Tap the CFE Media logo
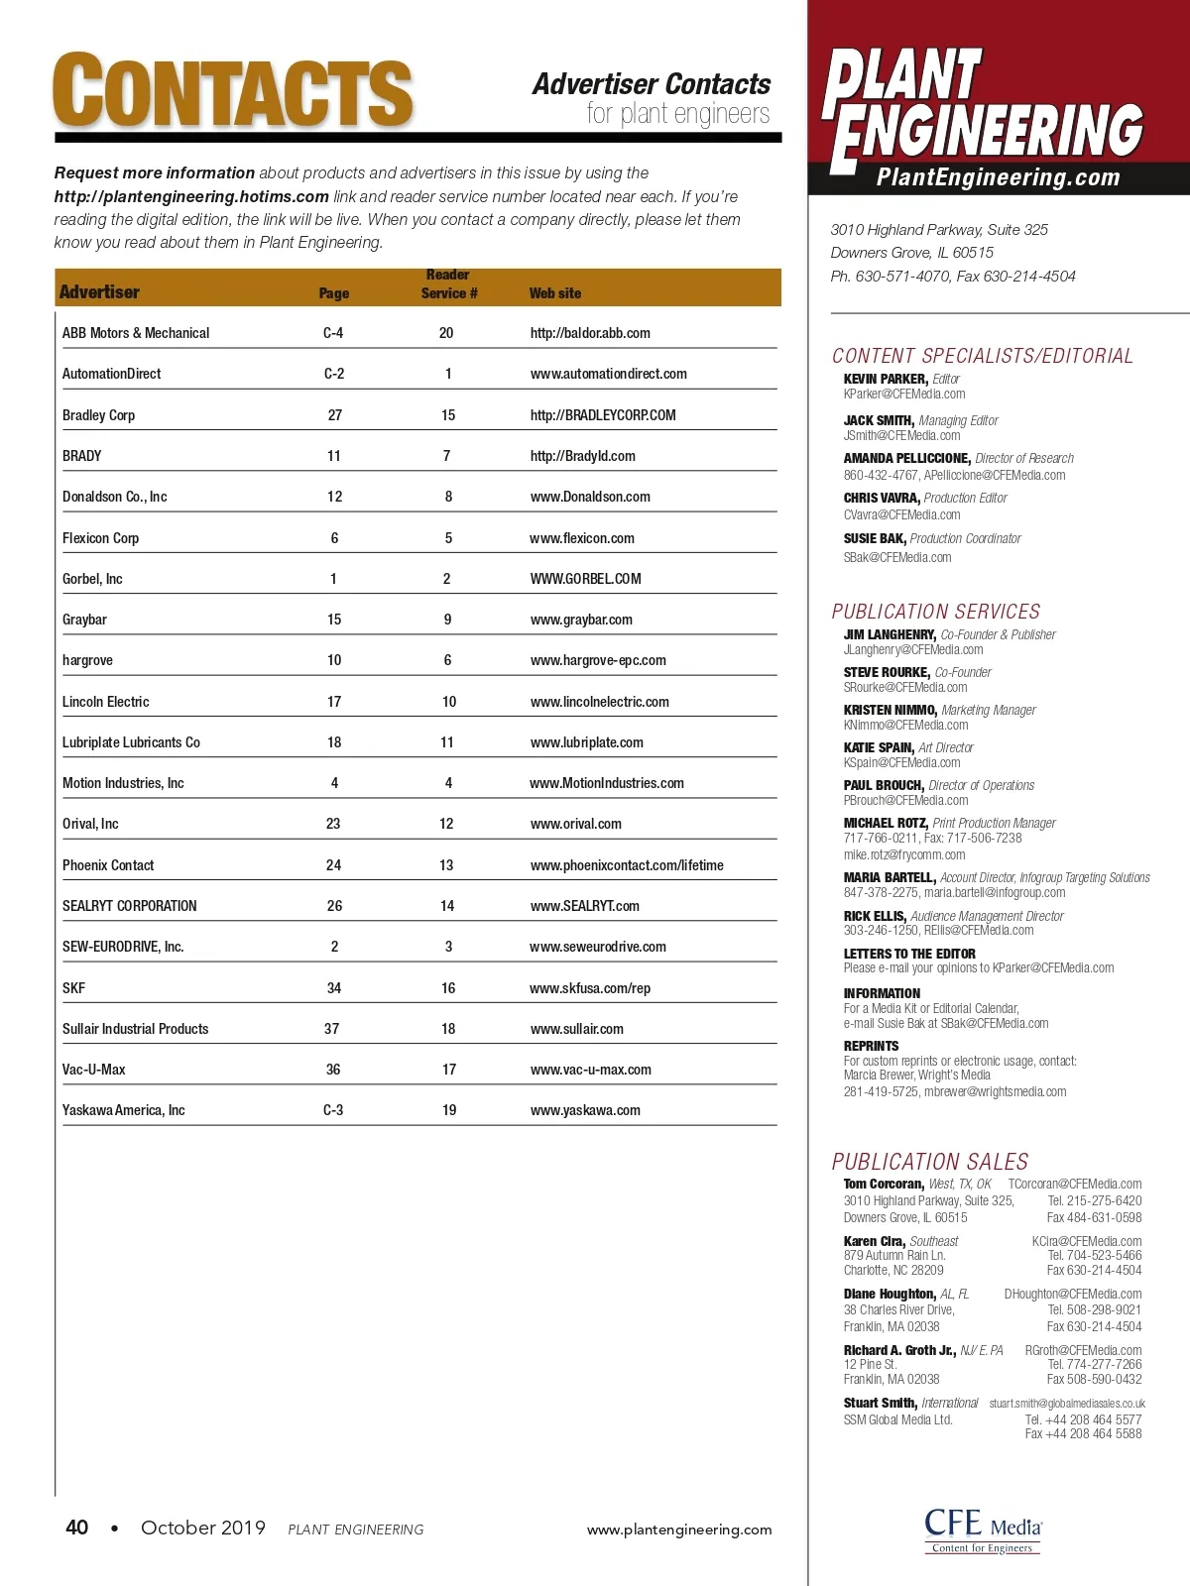click(983, 1529)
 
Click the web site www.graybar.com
click(581, 620)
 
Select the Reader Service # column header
click(448, 284)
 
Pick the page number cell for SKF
click(334, 988)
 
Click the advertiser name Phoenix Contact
click(108, 865)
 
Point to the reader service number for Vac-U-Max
click(449, 1070)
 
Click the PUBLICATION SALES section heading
click(930, 1162)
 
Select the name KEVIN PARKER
click(886, 379)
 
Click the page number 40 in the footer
click(76, 1528)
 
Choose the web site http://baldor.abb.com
click(590, 333)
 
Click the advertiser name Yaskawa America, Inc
click(124, 1110)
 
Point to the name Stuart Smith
click(880, 1403)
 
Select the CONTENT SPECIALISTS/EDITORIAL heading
click(982, 356)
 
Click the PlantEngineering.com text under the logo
click(999, 177)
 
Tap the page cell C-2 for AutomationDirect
click(334, 374)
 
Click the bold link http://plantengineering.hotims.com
click(191, 196)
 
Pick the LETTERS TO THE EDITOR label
click(909, 954)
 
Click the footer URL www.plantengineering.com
click(679, 1529)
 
